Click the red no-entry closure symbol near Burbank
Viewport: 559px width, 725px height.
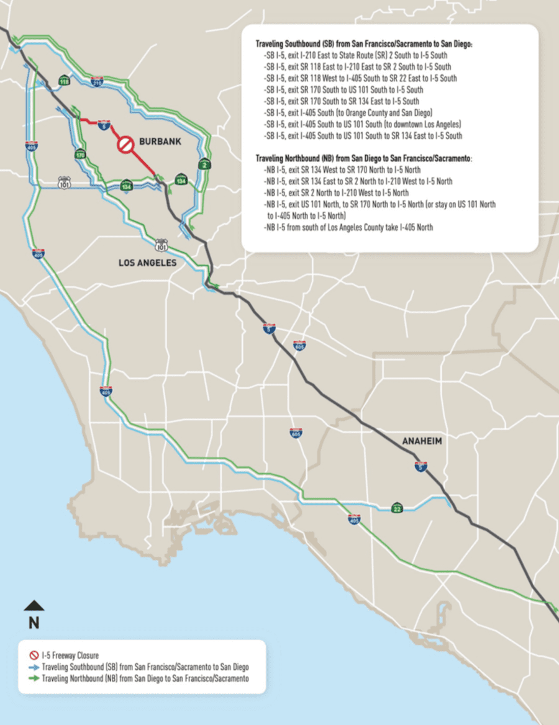pos(126,145)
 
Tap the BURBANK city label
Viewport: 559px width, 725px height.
pos(160,142)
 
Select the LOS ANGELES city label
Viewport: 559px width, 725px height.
pos(148,263)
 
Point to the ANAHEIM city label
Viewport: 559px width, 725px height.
pos(421,441)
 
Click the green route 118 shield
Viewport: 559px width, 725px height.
pos(64,81)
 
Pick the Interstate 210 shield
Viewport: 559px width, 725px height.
pos(97,81)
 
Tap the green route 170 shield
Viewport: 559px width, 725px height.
pos(80,155)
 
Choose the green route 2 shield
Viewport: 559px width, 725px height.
pos(203,164)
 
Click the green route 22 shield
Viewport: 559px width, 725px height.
pos(397,508)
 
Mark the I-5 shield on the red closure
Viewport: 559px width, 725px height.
pos(101,125)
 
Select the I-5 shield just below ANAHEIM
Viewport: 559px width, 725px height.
pos(420,466)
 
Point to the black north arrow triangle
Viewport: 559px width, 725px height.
pos(34,606)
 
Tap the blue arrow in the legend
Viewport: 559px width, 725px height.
pos(35,667)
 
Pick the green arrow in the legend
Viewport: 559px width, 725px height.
pos(35,679)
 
